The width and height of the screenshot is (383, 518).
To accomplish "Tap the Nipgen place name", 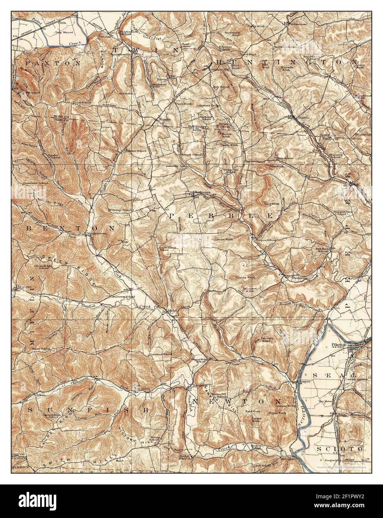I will pyautogui.click(x=165, y=119).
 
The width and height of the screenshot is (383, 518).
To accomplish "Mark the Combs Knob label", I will pyautogui.click(x=246, y=278).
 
